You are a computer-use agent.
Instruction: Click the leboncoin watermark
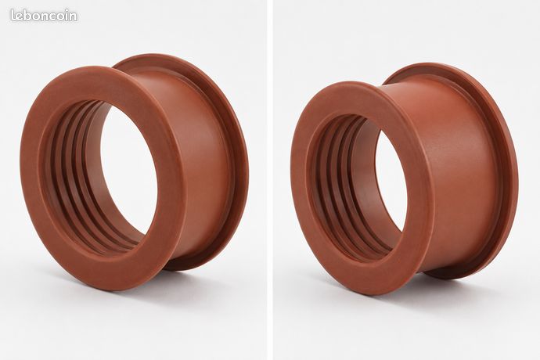coord(44,16)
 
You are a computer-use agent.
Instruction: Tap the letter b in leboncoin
coord(29,16)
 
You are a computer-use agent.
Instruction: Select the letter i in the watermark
coord(66,16)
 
